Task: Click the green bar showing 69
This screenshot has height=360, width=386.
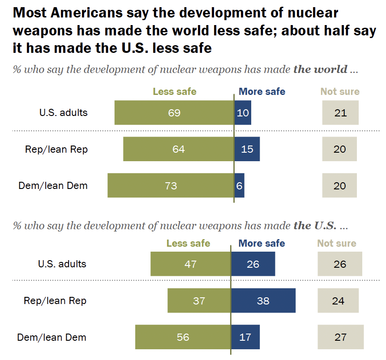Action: tap(174, 112)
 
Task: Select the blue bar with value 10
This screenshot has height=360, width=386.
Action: tap(243, 112)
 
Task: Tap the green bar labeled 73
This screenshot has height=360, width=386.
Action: tap(171, 185)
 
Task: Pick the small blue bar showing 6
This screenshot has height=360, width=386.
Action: tap(240, 185)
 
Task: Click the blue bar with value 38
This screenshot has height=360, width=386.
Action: tap(263, 300)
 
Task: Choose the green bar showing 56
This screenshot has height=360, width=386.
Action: tap(183, 337)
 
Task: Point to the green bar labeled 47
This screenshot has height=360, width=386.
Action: tap(191, 264)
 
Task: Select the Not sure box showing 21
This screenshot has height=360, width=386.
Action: tap(340, 112)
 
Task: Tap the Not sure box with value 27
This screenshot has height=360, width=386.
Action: tap(340, 337)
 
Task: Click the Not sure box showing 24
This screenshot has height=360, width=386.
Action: tap(338, 300)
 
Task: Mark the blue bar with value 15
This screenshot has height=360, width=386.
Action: tap(247, 149)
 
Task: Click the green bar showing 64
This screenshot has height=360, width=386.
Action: tap(179, 149)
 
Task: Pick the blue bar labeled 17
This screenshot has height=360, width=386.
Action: tap(245, 337)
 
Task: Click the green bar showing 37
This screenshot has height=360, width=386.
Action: tap(199, 300)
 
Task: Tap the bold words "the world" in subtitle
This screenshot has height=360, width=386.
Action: tap(321, 69)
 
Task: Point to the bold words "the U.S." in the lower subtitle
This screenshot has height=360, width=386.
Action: tap(315, 225)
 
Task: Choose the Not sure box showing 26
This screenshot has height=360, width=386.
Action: tap(340, 264)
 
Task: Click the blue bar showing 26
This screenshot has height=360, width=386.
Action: tap(253, 264)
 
